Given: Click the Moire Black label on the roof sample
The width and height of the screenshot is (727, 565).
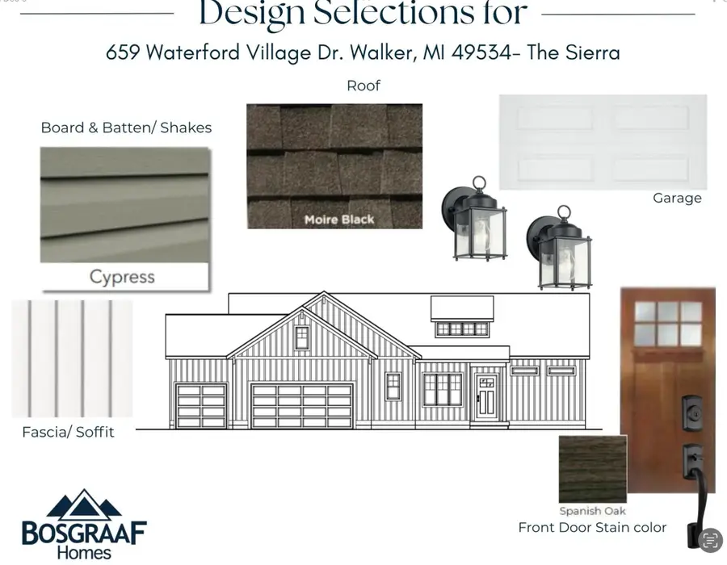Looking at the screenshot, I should (x=338, y=219).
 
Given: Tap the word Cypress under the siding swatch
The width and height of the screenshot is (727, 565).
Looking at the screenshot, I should (x=122, y=277).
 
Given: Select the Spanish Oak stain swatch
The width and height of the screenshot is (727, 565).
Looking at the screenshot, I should (x=592, y=469).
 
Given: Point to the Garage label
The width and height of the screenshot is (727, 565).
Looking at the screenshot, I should (x=677, y=198).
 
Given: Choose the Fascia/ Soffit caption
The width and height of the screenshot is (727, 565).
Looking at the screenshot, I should (x=68, y=432).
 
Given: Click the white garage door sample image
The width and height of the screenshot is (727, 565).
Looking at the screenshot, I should (x=603, y=142).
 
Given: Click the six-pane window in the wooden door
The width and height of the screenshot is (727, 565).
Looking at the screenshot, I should (x=668, y=324).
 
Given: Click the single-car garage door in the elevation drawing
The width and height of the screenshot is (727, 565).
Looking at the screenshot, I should (x=201, y=405).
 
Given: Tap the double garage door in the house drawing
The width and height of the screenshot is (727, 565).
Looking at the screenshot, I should (x=302, y=405).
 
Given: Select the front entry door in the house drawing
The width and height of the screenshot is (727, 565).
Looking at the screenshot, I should (x=486, y=396).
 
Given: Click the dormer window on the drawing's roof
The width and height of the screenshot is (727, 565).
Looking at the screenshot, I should (x=461, y=329).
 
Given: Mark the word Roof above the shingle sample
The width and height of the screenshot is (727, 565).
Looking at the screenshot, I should (x=363, y=86).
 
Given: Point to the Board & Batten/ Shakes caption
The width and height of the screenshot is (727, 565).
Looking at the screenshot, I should (x=126, y=128).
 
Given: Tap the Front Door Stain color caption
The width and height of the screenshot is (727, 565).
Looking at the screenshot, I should (x=592, y=527).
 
